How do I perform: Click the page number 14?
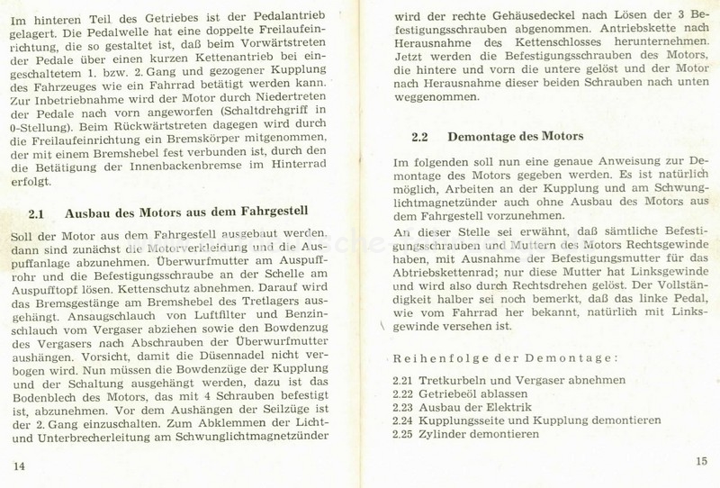pyautogui.click(x=19, y=465)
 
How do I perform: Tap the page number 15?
pyautogui.click(x=702, y=464)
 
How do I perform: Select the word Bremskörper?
pyautogui.click(x=231, y=132)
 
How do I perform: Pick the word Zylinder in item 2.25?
pyautogui.click(x=455, y=434)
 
